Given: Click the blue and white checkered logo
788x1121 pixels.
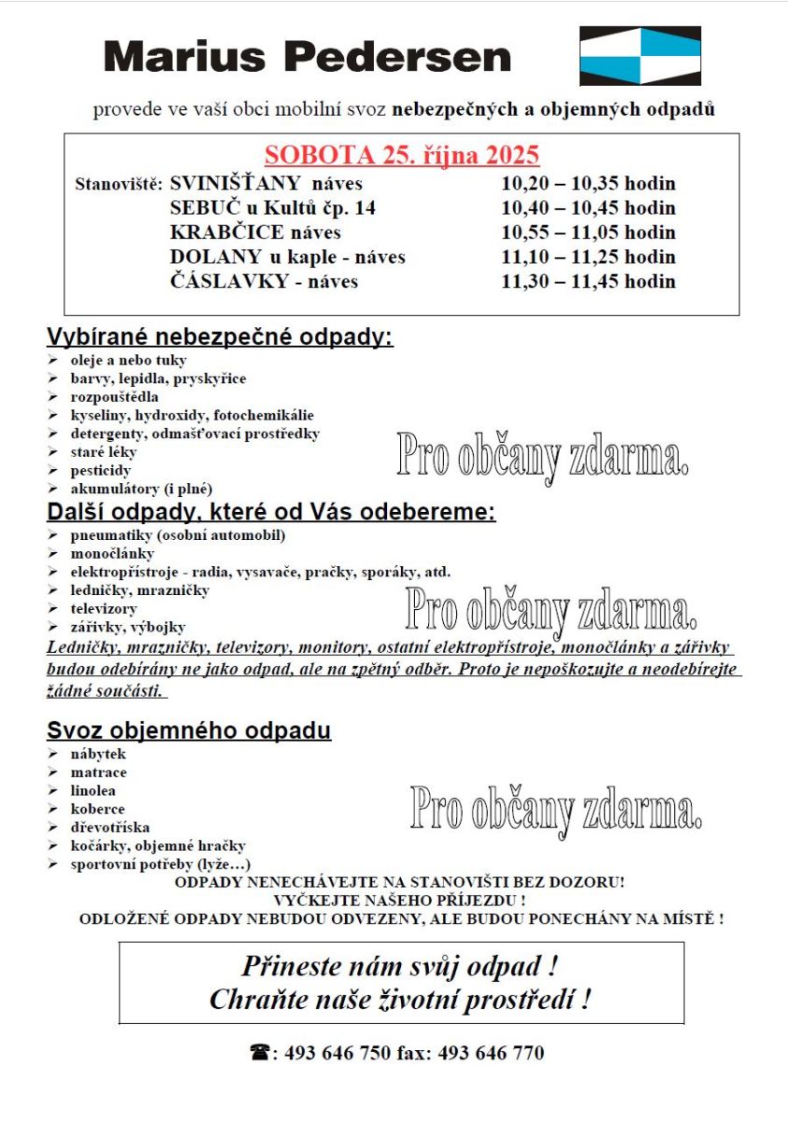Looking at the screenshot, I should pos(640,55).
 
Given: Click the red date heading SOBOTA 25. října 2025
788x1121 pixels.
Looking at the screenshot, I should pos(402,155).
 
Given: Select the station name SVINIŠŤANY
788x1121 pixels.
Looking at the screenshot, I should pos(236,183).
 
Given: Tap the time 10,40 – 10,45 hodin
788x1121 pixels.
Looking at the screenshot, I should pos(588,208).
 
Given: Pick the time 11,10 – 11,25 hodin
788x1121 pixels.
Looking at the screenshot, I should pos(588,257).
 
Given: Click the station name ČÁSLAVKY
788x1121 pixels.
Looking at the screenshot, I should pos(229,281).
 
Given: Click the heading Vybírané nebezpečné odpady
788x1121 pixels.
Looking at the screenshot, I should pos(220,337).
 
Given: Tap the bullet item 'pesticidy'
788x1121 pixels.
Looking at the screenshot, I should pos(100,471).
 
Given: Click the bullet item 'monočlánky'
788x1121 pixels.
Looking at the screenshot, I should pos(112,554).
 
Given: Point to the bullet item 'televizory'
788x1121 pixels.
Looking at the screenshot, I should pos(103,609).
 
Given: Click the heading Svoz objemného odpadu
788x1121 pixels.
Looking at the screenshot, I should pos(189,731).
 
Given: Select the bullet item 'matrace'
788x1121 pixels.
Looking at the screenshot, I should pos(98,773).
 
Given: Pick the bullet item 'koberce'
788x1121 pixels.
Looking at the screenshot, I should pos(97,809).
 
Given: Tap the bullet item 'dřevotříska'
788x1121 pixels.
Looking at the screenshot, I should pos(109,828).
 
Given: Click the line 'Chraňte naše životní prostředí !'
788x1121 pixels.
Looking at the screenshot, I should pos(400,1000).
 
